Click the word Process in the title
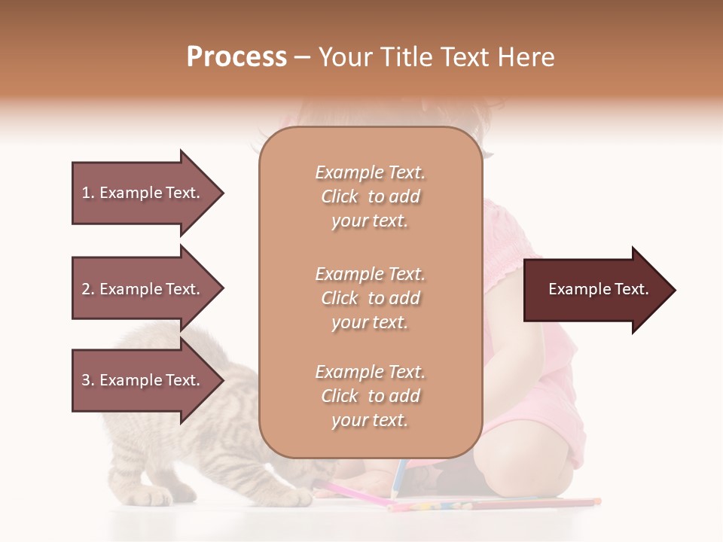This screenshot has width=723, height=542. coord(236,57)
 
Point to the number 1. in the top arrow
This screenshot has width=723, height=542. coord(88,193)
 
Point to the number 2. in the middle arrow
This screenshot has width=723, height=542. coord(88,289)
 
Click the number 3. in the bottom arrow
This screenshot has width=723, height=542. coord(88,380)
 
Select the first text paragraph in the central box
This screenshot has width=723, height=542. coord(370,196)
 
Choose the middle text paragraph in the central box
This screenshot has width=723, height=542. coord(370,298)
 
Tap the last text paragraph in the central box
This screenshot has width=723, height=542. coord(370,396)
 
